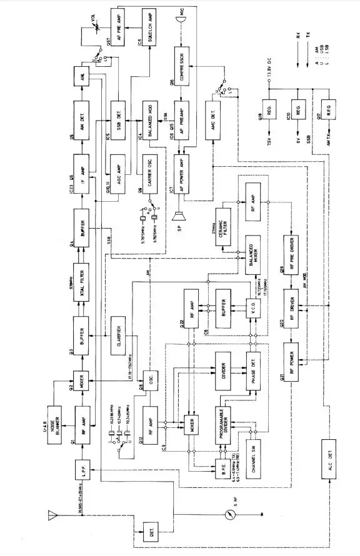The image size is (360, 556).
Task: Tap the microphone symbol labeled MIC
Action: pyautogui.click(x=182, y=20)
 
